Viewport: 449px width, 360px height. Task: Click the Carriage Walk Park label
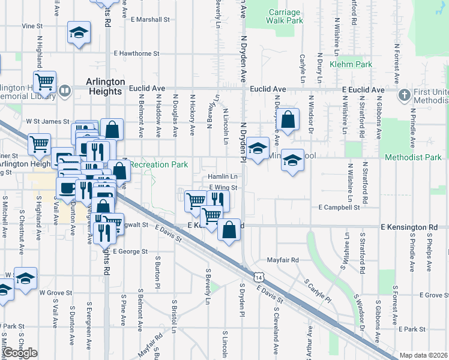point(286,16)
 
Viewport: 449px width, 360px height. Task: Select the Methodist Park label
point(417,157)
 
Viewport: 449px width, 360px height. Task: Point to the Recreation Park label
point(159,164)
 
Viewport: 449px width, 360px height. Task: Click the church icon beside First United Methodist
point(404,95)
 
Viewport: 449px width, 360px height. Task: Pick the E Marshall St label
point(150,19)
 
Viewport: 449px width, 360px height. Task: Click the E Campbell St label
point(339,207)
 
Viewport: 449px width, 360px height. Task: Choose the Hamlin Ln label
point(223,177)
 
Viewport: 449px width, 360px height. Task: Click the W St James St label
point(47,121)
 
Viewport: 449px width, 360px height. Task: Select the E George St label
point(129,251)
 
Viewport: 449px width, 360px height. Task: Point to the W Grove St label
point(55,293)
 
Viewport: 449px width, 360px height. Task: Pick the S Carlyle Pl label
point(318,290)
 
